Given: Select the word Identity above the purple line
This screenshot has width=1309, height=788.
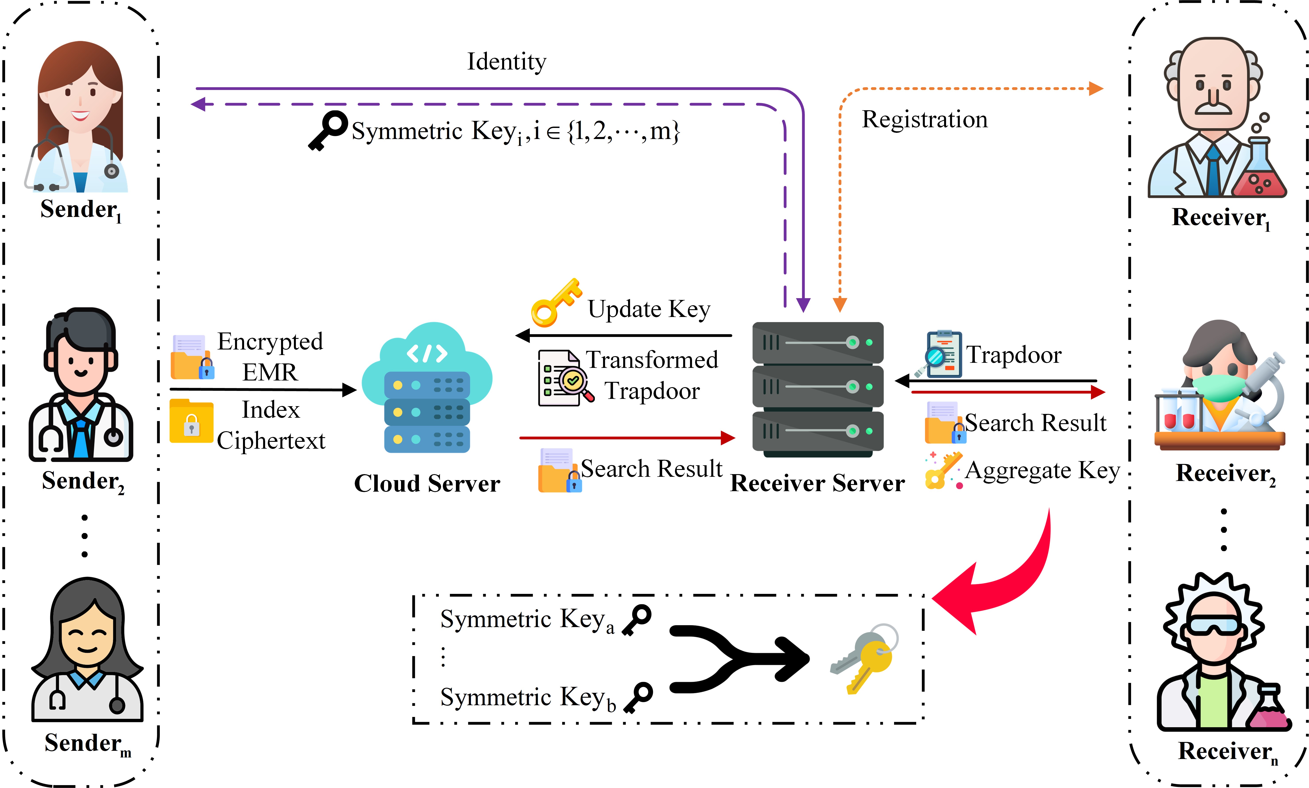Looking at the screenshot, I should [x=506, y=62].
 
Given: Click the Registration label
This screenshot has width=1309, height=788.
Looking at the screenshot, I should [x=924, y=120].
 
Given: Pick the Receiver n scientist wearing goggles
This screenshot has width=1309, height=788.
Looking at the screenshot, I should [x=1221, y=653].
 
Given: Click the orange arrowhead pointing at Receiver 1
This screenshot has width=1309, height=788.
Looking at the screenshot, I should [x=1095, y=89].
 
